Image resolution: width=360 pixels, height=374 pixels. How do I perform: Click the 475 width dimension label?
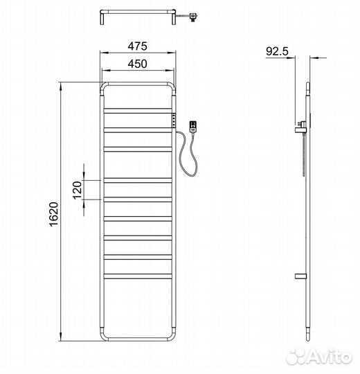pos(138,46)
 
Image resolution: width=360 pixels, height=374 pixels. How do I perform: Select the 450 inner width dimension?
pos(138,64)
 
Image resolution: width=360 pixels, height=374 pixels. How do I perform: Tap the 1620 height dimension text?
pos(53,214)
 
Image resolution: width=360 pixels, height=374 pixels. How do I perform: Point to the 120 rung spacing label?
pos(78,190)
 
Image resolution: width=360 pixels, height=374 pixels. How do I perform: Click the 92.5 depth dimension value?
pos(277,51)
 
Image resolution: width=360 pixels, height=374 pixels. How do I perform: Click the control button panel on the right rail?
pos(174,120)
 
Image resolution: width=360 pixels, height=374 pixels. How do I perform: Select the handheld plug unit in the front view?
pos(193,127)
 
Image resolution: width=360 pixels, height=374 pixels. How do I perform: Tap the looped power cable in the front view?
pos(188,155)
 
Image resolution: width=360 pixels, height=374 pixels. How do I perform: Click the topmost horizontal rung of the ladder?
pos(138,110)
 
